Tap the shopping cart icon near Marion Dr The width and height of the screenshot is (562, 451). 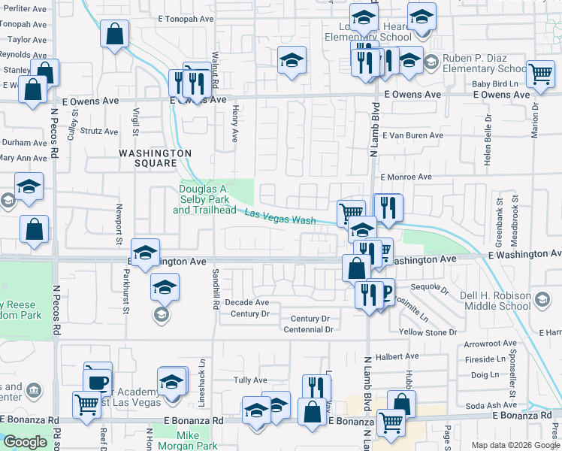(x=540, y=74)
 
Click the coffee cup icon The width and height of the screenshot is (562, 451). (x=97, y=380)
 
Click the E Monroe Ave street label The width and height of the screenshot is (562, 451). (x=406, y=177)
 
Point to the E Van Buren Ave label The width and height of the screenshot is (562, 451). (x=412, y=136)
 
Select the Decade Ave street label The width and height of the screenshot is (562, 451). (x=246, y=302)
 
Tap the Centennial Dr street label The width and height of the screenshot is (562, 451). (x=307, y=329)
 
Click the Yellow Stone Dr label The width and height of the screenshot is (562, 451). (x=428, y=332)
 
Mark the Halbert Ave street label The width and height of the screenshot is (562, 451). (x=401, y=356)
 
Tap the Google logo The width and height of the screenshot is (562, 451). (x=25, y=442)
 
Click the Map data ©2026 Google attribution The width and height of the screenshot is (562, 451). (x=515, y=445)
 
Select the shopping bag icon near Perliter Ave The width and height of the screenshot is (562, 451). (x=114, y=34)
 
